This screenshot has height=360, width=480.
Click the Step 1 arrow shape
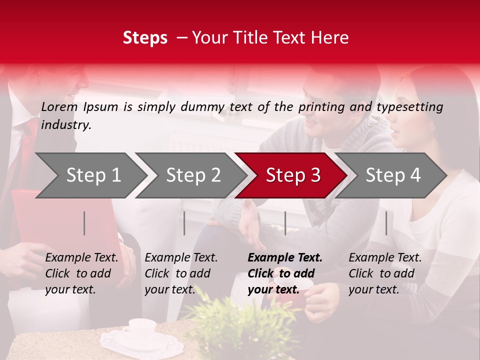[93, 175]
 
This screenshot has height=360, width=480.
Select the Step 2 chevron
[193, 175]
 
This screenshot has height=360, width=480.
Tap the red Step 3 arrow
[293, 175]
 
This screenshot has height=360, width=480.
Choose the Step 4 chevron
[393, 175]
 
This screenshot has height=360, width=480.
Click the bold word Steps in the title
[145, 38]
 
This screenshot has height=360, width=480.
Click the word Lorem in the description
[59, 106]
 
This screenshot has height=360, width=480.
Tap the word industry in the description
[65, 125]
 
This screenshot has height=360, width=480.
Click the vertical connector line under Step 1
[84, 223]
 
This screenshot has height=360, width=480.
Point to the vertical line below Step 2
[184, 223]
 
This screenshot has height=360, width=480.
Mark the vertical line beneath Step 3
[285, 223]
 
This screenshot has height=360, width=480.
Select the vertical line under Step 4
[386, 223]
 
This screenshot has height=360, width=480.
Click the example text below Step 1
[81, 273]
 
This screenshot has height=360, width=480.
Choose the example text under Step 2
[181, 273]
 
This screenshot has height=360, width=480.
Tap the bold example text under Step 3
[284, 273]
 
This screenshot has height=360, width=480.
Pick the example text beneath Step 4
[385, 273]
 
